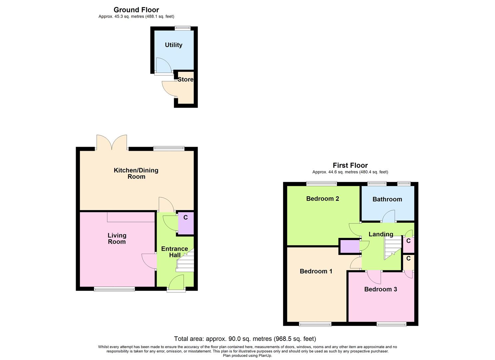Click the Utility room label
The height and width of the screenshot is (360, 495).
[x=173, y=45]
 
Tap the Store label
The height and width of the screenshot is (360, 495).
[x=185, y=79]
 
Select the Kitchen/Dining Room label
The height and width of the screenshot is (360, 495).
[x=136, y=173]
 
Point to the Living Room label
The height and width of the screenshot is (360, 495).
[x=117, y=238]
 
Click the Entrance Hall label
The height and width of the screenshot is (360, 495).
[x=174, y=252]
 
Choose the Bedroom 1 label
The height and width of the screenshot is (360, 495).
[x=316, y=271]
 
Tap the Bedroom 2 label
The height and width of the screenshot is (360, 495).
[x=322, y=199]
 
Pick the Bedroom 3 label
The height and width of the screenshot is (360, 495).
[x=380, y=289]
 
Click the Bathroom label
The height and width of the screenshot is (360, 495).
[x=387, y=199]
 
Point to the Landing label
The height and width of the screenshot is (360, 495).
[x=381, y=234]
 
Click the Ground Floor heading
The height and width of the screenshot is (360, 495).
[x=136, y=10]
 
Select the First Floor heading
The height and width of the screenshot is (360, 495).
[x=350, y=165]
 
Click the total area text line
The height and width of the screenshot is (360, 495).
[x=245, y=339]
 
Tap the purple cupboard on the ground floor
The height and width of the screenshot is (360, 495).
[x=186, y=223]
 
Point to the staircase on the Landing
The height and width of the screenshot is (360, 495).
[x=392, y=247]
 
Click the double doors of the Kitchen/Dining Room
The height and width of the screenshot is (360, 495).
[x=112, y=142]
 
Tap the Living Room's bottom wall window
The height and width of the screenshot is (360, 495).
[x=115, y=289]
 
